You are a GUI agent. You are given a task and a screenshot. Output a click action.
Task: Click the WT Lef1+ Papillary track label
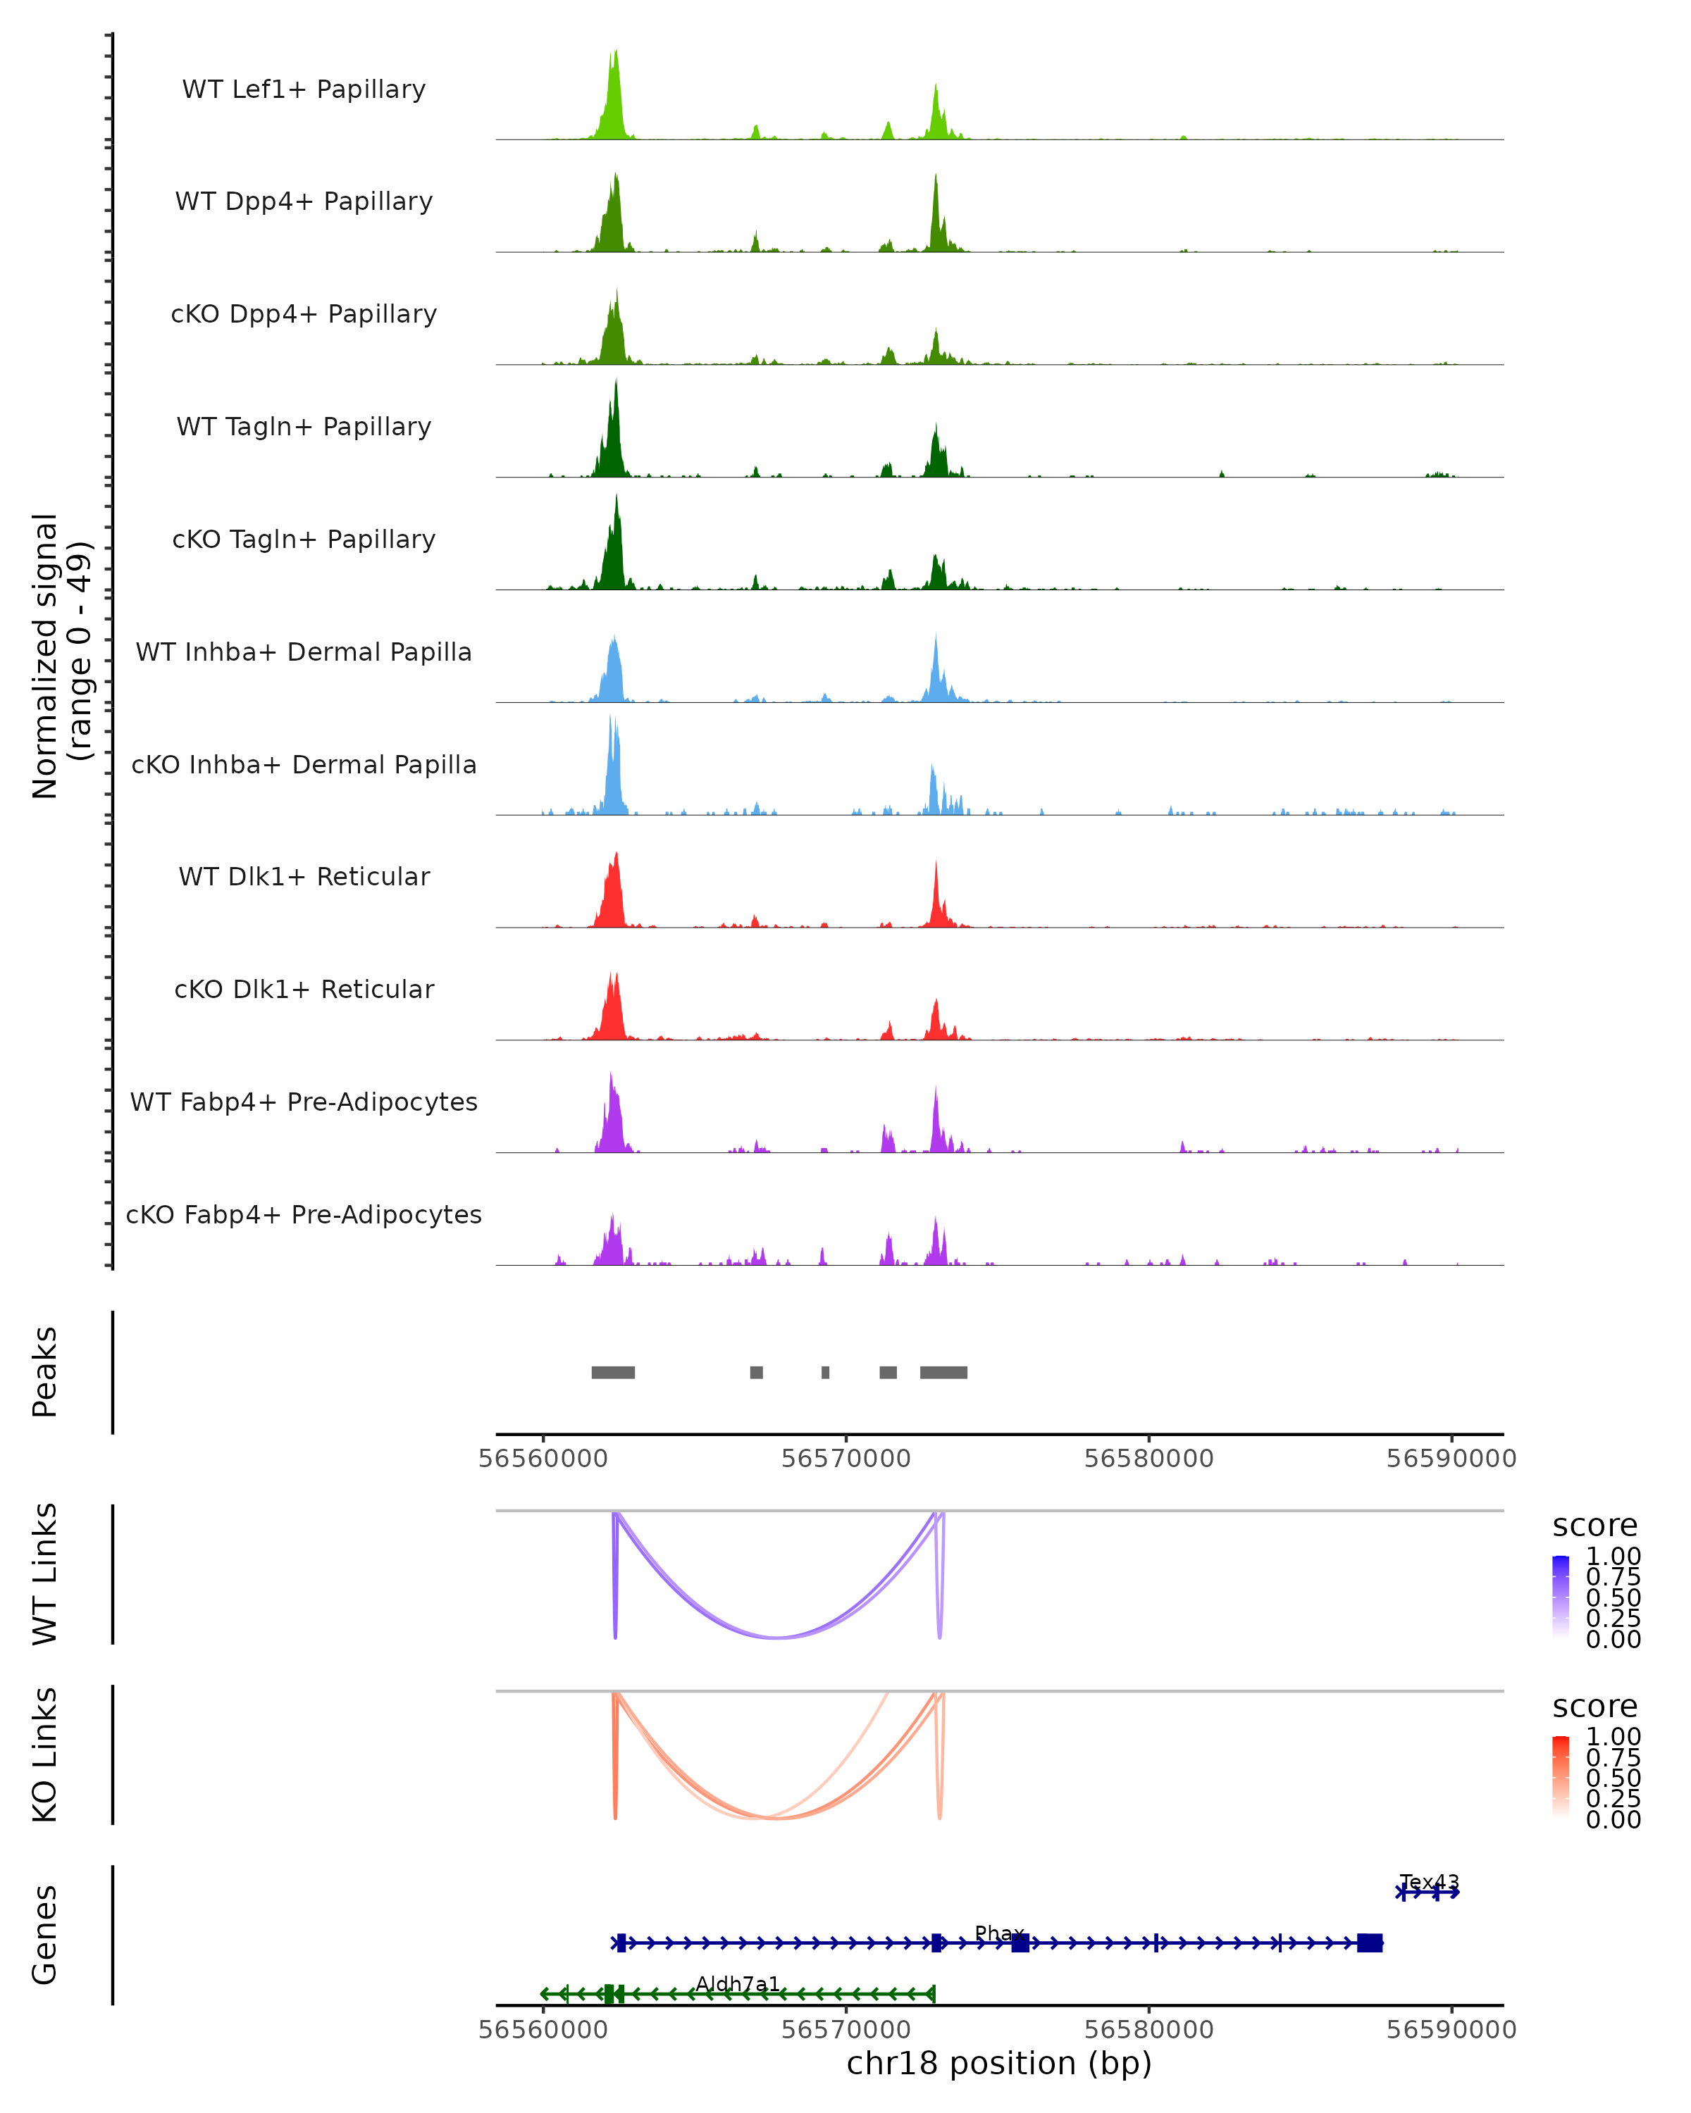tap(304, 89)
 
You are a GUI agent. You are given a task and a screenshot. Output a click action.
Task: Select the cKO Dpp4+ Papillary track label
tap(304, 313)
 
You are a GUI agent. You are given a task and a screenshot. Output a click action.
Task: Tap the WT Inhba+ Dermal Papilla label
tap(304, 652)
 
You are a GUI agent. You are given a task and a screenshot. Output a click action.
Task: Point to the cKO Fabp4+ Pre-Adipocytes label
tap(304, 1214)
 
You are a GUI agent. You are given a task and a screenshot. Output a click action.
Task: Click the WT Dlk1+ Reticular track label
tap(304, 876)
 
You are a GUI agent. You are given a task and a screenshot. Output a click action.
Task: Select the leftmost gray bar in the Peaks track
tap(613, 1372)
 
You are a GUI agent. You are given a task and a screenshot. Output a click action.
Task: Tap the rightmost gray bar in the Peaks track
tap(943, 1372)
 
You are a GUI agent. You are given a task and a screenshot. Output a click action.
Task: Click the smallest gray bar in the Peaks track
tap(825, 1372)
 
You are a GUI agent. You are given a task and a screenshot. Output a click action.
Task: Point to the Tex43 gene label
tap(1430, 1883)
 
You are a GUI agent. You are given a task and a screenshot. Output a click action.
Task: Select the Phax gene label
tap(999, 1933)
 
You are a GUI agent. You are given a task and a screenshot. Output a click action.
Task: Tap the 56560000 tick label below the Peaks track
tap(543, 1459)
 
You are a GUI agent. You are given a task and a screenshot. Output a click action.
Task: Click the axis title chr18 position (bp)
tap(999, 2063)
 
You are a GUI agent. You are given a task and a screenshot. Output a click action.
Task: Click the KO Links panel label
tap(45, 1755)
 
